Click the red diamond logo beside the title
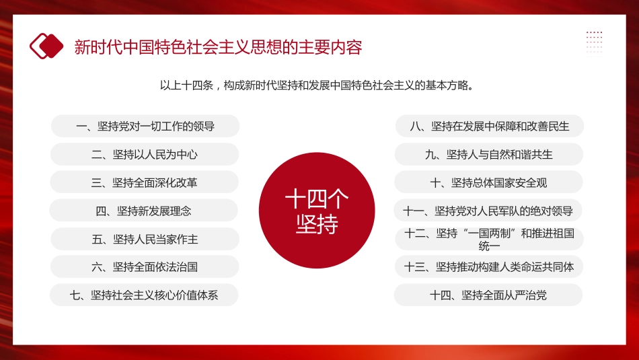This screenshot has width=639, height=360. coord(46,46)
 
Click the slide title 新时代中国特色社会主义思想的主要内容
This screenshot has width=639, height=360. coord(218,47)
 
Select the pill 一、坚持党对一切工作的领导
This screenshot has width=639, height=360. coord(145,126)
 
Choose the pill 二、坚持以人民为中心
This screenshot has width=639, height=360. coord(145,154)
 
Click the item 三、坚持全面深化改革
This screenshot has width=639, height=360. coord(145,182)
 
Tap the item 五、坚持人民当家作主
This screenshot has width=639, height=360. coord(145,239)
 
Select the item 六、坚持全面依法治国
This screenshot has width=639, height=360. coord(145,267)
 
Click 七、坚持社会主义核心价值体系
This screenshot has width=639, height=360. coord(145,295)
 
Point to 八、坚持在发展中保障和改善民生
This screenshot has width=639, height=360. coord(489,126)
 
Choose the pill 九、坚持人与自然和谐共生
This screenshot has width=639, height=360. coord(489,154)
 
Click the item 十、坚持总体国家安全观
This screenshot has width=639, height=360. coord(489,182)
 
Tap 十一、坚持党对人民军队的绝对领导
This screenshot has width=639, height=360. coord(488,211)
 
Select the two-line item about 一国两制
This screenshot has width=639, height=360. coord(489,239)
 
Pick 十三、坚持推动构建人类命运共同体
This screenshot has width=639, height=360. coord(489,267)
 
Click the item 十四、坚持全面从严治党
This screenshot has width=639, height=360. coord(488,295)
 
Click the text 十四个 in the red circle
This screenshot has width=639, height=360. coord(317,199)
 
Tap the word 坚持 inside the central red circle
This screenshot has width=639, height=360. coord(317,224)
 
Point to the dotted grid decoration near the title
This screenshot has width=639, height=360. coord(594,42)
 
